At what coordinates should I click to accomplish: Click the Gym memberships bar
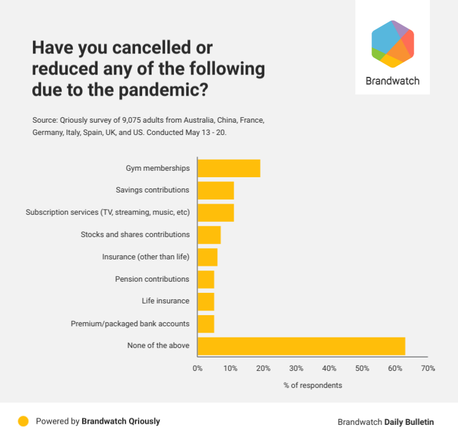tap(228, 168)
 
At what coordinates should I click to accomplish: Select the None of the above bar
tap(301, 346)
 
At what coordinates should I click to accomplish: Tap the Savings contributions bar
tap(215, 190)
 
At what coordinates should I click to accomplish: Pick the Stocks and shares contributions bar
tap(209, 235)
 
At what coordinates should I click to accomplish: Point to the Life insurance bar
tap(206, 301)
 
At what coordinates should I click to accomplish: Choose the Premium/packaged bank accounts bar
tap(206, 323)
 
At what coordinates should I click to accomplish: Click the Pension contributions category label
tap(152, 279)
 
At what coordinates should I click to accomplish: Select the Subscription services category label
tap(107, 212)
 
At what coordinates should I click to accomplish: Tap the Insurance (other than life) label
tap(146, 257)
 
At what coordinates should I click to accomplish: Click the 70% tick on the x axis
tap(428, 369)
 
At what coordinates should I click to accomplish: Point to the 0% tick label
tap(197, 369)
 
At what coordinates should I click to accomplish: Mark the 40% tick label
tap(329, 369)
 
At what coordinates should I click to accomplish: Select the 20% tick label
tap(263, 369)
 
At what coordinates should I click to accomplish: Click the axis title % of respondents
tap(312, 386)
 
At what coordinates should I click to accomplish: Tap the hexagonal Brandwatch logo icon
tap(393, 44)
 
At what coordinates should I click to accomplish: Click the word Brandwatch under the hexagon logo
tap(392, 81)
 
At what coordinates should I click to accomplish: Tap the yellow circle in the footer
tap(23, 421)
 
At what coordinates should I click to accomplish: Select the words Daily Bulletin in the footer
tap(409, 422)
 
